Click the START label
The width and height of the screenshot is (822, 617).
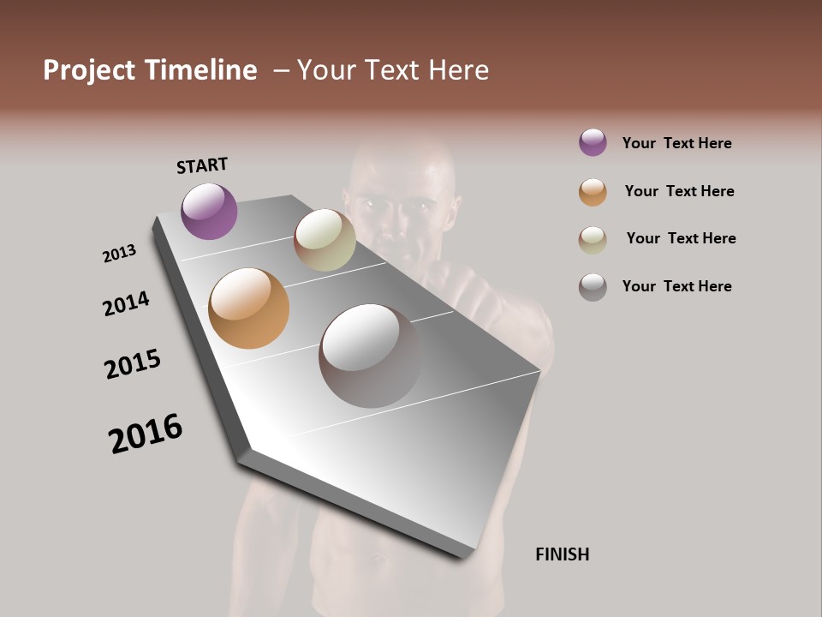pyautogui.click(x=202, y=165)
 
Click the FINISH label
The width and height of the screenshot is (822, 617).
pyautogui.click(x=562, y=554)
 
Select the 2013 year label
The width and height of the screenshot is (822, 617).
pyautogui.click(x=119, y=254)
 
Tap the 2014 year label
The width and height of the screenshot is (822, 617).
pyautogui.click(x=126, y=303)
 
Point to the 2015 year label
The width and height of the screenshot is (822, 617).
pyautogui.click(x=133, y=364)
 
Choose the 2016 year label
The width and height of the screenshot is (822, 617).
pyautogui.click(x=146, y=434)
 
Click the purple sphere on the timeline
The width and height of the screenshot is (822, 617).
pyautogui.click(x=209, y=211)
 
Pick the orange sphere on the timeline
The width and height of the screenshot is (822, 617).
pyautogui.click(x=248, y=308)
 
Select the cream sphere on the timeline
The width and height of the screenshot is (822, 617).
pyautogui.click(x=325, y=240)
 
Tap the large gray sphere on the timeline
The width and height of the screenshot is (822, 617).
pyautogui.click(x=370, y=356)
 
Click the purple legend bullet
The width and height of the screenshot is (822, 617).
pyautogui.click(x=593, y=142)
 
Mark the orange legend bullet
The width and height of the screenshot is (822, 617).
pyautogui.click(x=593, y=192)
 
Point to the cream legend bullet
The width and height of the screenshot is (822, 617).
pyautogui.click(x=593, y=240)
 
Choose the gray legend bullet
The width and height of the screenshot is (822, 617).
pyautogui.click(x=593, y=287)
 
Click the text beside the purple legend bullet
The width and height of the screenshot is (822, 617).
pyautogui.click(x=676, y=143)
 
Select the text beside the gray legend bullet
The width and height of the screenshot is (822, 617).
pyautogui.click(x=676, y=286)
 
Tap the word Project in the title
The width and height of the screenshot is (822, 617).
pyautogui.click(x=90, y=70)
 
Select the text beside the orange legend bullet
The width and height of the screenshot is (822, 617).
pyautogui.click(x=679, y=191)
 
